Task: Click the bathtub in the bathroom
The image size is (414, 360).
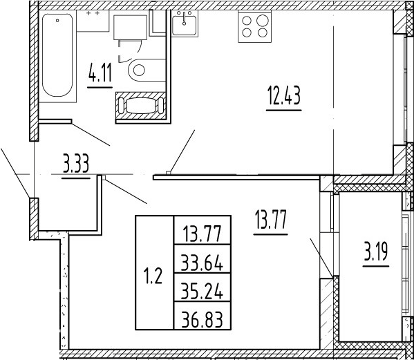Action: click(57, 56)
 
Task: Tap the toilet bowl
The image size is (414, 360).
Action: click(147, 70)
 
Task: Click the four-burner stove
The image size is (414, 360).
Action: click(255, 27)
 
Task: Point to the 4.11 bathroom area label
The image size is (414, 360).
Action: click(100, 74)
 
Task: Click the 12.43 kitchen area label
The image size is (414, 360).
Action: click(284, 96)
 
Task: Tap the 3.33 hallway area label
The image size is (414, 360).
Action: click(76, 164)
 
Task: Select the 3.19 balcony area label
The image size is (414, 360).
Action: click(376, 252)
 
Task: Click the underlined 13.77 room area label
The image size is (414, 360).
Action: click(271, 219)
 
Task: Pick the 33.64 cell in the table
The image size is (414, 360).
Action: click(203, 259)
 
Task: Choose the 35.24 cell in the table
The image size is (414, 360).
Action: click(203, 287)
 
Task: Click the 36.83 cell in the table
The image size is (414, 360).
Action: click(203, 316)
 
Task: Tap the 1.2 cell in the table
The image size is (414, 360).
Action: click(154, 273)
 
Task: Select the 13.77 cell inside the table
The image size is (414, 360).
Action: click(203, 230)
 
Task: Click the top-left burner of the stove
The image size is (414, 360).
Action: click(247, 20)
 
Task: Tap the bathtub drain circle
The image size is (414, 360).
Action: click(57, 20)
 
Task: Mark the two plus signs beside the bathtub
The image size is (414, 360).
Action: click(93, 12)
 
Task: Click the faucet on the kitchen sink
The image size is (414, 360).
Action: click(185, 19)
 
